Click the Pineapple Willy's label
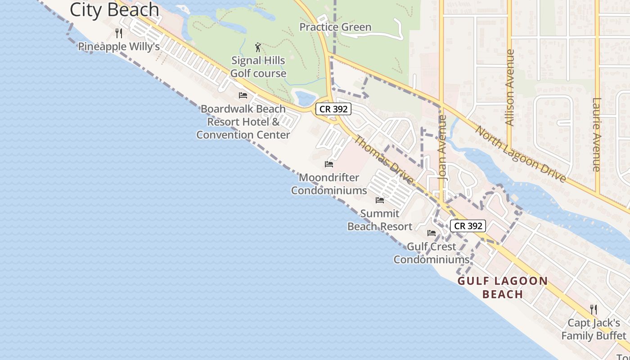(x=119, y=46)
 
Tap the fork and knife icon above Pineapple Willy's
(x=119, y=33)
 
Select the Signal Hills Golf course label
(x=258, y=67)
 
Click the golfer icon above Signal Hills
(x=258, y=47)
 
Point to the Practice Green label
(x=335, y=27)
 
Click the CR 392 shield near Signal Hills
(x=333, y=109)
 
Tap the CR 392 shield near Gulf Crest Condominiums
(x=468, y=225)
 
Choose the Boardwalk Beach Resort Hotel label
(x=243, y=121)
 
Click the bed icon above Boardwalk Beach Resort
(x=243, y=95)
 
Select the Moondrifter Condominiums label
(x=329, y=184)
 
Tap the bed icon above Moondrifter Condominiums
(x=329, y=164)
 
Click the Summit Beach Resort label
(x=380, y=220)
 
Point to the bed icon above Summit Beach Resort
(x=380, y=200)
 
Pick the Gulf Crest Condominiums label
(x=431, y=253)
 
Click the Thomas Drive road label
(x=383, y=160)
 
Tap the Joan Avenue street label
(x=442, y=148)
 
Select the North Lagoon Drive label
(x=521, y=154)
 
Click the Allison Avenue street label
(x=509, y=87)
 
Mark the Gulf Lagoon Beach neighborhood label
(x=503, y=288)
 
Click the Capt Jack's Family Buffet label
(x=594, y=329)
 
